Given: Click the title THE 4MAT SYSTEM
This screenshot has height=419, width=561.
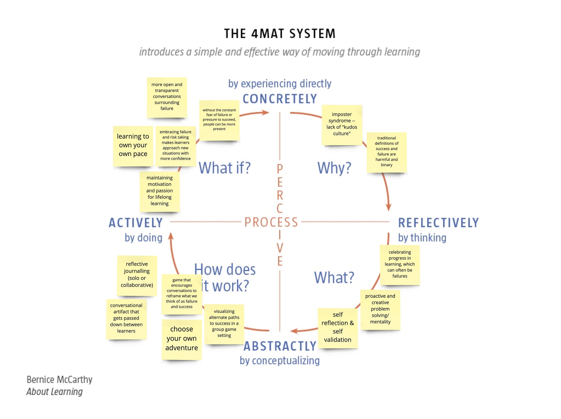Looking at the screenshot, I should coord(280,34).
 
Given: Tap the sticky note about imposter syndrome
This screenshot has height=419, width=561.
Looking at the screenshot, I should coord(342,125).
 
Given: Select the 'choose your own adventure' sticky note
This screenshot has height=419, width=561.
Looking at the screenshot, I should coord(181,339).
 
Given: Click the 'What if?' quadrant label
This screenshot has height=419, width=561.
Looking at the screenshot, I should coord(225,168).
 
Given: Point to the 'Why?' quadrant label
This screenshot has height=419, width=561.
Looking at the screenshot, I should coord(334,168).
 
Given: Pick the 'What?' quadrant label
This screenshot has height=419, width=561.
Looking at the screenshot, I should coord(334,277).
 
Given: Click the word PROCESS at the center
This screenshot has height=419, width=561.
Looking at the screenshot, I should coord(271,222).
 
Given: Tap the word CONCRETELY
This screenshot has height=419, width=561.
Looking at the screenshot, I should coord(280,99).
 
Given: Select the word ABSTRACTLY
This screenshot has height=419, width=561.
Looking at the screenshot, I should coord(280,346).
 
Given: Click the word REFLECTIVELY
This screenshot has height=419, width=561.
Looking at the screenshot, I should coord(438,223).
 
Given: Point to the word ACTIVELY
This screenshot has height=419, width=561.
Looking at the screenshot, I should coord(136,223).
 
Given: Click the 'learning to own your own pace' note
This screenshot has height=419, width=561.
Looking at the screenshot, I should coord(133,146).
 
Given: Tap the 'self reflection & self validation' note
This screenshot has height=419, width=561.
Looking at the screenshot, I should coord(337,328).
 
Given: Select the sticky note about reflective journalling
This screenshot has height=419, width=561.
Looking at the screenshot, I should coord(137,275).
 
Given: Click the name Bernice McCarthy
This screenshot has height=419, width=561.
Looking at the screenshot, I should coord(59,379).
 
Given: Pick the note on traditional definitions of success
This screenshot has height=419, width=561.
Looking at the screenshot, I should coord(387,152).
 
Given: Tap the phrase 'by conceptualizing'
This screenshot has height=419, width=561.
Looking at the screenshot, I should coord(280,361).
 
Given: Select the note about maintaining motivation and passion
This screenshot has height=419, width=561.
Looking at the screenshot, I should coord(160,191).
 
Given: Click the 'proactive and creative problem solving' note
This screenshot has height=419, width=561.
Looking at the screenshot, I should coord(380,309).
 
